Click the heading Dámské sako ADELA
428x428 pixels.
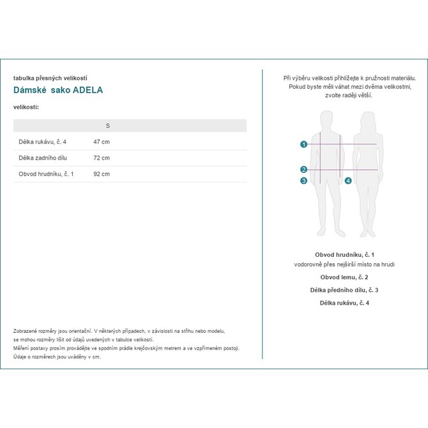[x=58, y=90]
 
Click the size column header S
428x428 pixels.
[x=107, y=126]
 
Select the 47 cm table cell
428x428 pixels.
[x=102, y=142]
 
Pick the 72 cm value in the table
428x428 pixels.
[x=102, y=158]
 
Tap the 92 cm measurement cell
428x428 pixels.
[x=102, y=174]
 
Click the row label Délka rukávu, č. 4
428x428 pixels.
[x=43, y=142]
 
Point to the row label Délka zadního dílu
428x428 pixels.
[x=43, y=158]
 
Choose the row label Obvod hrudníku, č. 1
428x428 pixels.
[x=47, y=174]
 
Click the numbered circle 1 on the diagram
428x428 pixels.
[x=303, y=144]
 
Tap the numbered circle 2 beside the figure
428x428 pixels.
[x=303, y=169]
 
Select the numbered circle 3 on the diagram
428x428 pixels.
[x=303, y=181]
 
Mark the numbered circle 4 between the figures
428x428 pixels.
[x=348, y=181]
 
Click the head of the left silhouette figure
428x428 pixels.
[x=326, y=120]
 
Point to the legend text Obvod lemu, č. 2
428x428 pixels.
[x=344, y=278]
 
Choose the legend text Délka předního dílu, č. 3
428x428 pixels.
[x=344, y=290]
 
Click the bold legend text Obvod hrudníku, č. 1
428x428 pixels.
[x=344, y=254]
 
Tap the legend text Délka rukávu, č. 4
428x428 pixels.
[x=344, y=302]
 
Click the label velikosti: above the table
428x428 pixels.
[x=26, y=107]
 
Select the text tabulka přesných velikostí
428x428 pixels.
[x=50, y=78]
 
